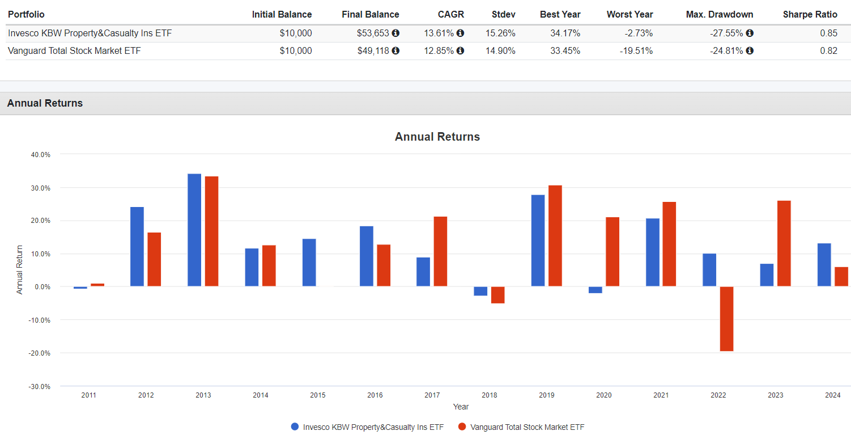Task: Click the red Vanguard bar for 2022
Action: [x=726, y=319]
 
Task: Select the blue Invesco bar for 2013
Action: [x=194, y=230]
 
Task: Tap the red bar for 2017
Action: [x=440, y=251]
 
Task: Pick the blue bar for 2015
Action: [x=309, y=263]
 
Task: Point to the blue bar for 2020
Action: [x=595, y=290]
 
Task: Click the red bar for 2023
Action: [x=784, y=243]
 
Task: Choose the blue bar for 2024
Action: [x=824, y=265]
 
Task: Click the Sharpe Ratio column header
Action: [x=810, y=14]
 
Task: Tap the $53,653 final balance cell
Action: [x=373, y=33]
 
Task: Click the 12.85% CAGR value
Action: [x=439, y=50]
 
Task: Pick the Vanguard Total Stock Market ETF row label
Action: [x=74, y=50]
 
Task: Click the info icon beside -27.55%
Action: [x=750, y=33]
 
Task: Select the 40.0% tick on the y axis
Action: [x=41, y=154]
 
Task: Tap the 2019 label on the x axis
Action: [x=546, y=395]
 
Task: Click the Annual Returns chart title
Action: [x=437, y=137]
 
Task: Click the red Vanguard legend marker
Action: [x=462, y=426]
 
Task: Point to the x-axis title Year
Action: [x=461, y=407]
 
